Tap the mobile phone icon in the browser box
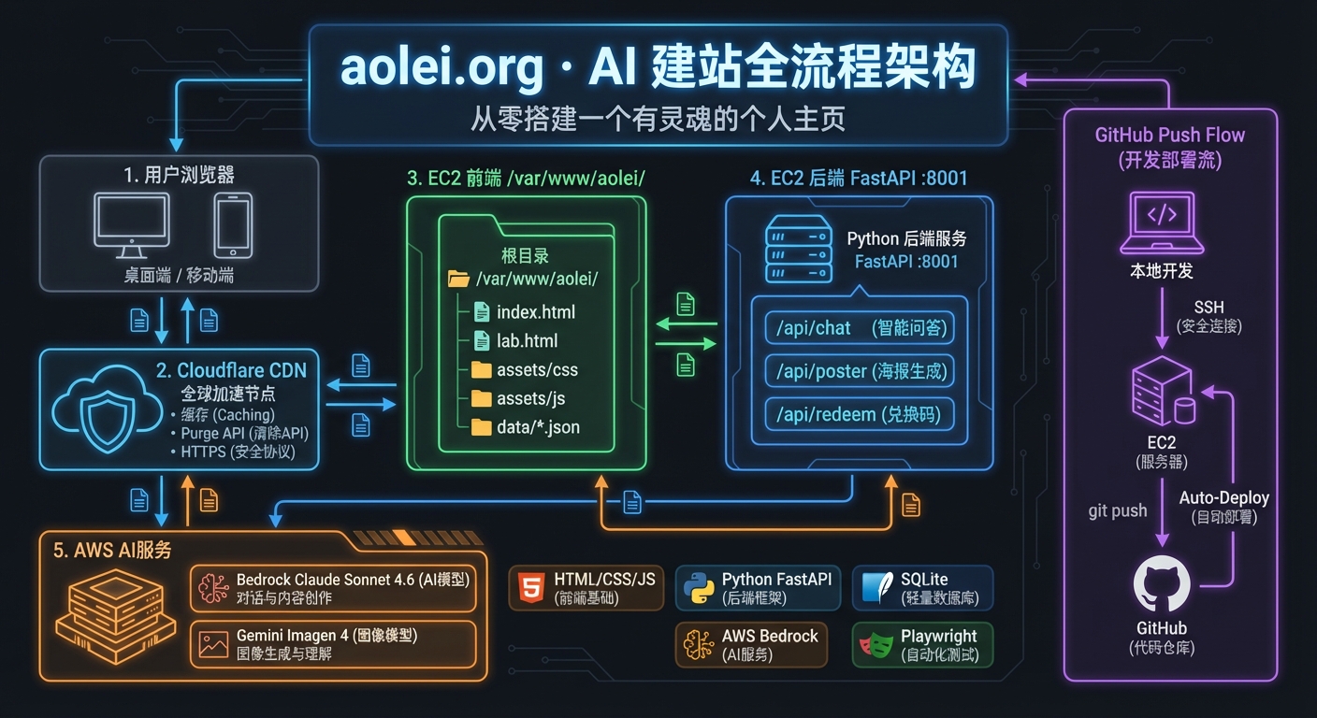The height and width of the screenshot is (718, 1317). coord(232,225)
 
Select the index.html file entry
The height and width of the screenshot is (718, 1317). coord(535,312)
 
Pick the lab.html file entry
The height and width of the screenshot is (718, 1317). coord(528,341)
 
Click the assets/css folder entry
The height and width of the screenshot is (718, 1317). coord(536,370)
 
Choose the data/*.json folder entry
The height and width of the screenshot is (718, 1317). coord(537,427)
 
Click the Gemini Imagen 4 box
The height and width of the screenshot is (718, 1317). coord(333,644)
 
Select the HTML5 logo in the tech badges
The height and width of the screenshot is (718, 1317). coord(530,588)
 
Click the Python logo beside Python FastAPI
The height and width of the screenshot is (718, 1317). coord(697,588)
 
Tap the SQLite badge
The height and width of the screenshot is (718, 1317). coord(922,588)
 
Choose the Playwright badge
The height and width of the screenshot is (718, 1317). coord(922,645)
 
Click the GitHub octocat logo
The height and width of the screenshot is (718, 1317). coord(1162,583)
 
